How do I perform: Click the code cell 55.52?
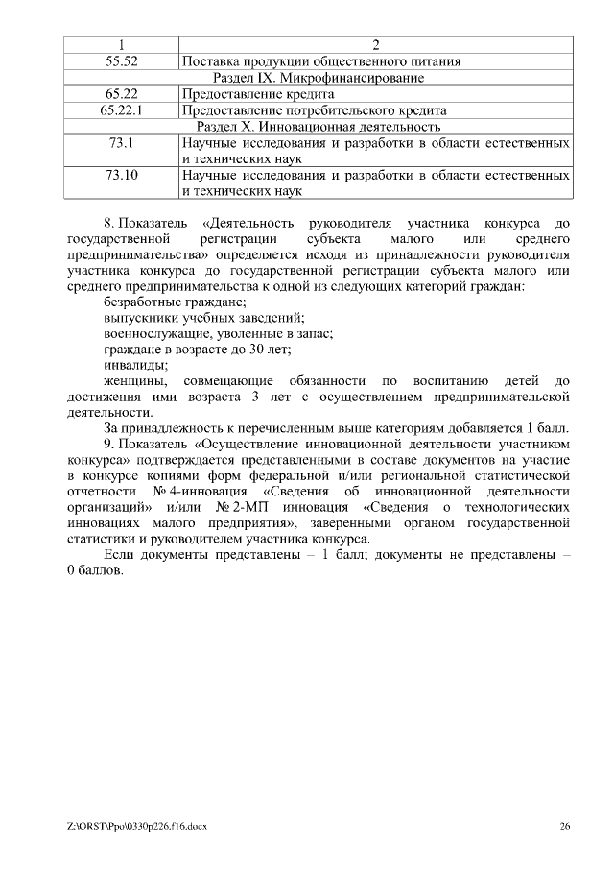(121, 60)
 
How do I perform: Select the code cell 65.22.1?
(121, 110)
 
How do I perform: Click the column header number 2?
(375, 44)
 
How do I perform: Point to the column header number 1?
(121, 44)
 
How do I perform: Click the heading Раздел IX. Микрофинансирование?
(318, 78)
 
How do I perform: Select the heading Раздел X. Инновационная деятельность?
(318, 127)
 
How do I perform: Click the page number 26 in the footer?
(565, 826)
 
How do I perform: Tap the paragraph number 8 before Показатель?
(108, 222)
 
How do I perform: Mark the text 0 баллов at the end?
(95, 571)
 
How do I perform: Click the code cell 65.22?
(121, 94)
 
